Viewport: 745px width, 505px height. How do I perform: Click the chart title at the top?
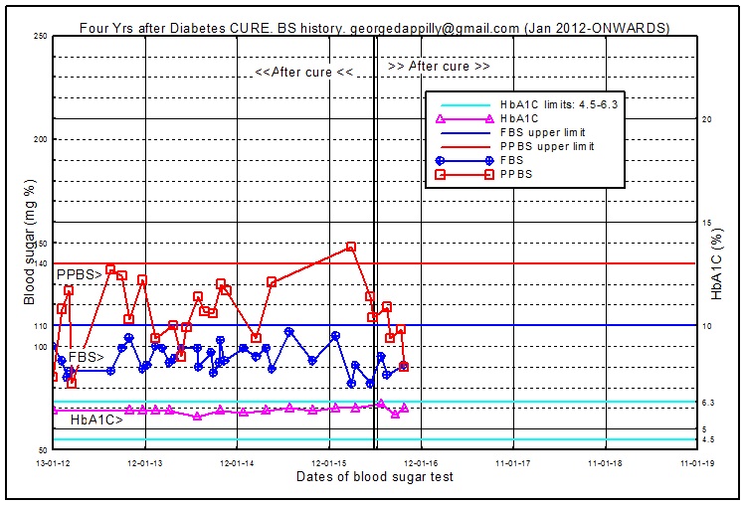tap(373, 28)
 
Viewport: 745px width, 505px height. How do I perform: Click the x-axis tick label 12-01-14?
tap(236, 462)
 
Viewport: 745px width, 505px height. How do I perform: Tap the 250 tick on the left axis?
tap(41, 37)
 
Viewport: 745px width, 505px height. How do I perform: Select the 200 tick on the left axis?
tap(41, 140)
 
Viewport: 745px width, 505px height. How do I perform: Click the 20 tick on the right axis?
tap(707, 119)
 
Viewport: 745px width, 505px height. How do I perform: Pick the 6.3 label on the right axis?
tap(708, 403)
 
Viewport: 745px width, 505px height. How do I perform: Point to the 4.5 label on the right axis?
tap(708, 439)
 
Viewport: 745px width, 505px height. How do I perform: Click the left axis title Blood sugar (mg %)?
tap(30, 243)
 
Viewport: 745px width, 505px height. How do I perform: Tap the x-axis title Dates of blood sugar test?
tap(375, 477)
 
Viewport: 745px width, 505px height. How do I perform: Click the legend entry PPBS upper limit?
tap(546, 146)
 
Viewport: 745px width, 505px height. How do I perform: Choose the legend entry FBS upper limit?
tap(542, 132)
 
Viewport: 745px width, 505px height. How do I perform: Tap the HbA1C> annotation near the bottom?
tap(96, 421)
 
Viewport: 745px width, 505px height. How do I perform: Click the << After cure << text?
tap(304, 72)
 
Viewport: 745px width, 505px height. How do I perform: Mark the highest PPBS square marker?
tap(351, 247)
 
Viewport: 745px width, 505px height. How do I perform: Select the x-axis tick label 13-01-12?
tap(53, 462)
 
